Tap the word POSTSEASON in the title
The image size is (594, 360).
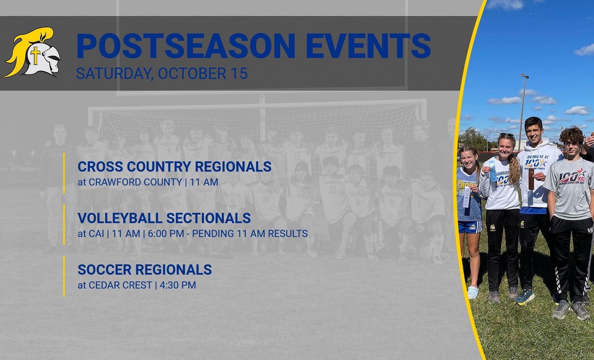tap(186, 46)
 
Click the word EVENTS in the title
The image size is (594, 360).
tap(369, 46)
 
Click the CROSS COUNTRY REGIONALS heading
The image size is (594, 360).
tap(174, 167)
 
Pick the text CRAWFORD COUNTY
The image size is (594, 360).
tap(135, 182)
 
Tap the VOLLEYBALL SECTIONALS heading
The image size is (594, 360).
tap(164, 218)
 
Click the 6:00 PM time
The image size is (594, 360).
tap(166, 234)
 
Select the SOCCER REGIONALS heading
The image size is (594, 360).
tap(145, 270)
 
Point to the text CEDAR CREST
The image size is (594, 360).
tap(120, 285)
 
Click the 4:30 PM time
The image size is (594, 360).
tap(178, 285)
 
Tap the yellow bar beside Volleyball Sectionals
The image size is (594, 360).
tap(64, 225)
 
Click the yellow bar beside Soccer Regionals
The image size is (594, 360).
tap(64, 276)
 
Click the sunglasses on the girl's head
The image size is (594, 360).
tap(507, 135)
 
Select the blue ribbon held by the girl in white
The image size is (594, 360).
tap(492, 171)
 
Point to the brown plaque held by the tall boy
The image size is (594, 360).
tap(531, 179)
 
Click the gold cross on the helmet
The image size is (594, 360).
tap(35, 55)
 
